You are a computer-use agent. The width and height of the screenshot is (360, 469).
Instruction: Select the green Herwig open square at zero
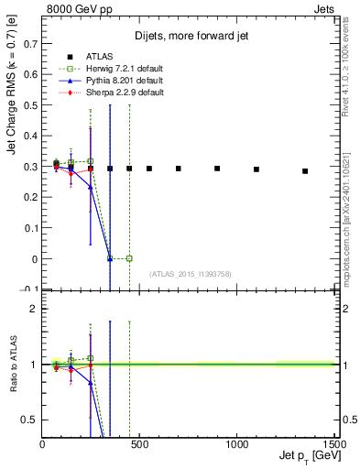129,258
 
